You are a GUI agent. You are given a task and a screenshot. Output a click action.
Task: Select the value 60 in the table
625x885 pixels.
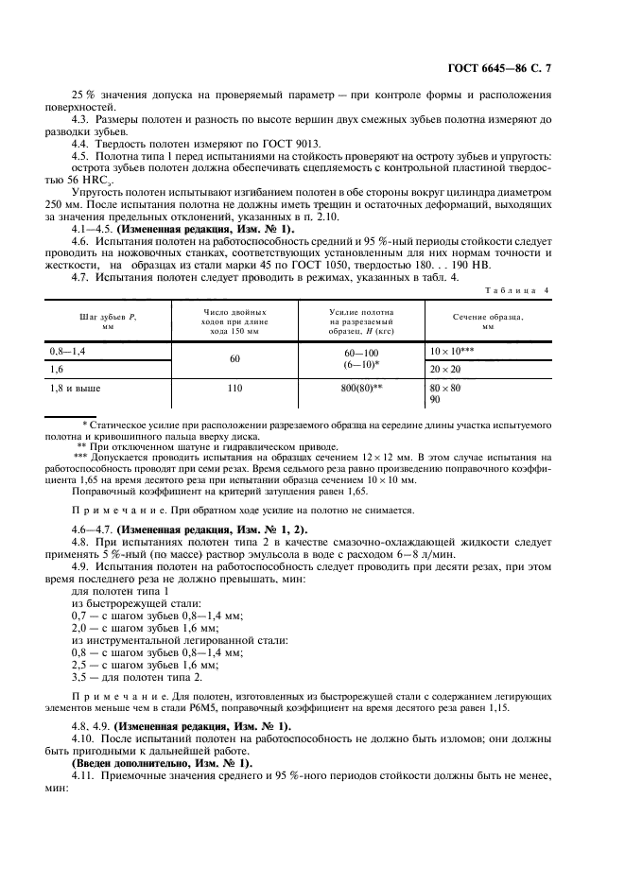pos(234,359)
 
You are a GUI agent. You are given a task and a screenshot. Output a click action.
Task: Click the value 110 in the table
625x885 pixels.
pos(234,388)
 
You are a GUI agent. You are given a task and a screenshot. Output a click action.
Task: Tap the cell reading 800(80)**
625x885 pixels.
pos(363,388)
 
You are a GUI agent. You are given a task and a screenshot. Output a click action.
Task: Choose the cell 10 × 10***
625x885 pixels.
pos(452,350)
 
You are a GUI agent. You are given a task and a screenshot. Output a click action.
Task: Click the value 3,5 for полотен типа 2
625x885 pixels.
pos(83,678)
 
